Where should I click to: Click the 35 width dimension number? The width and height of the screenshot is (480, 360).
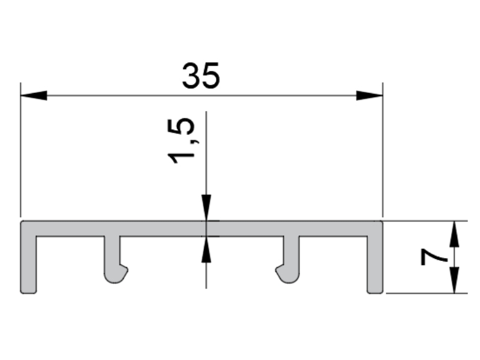pos(201,76)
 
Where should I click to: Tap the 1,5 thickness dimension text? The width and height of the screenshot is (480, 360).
pos(181,141)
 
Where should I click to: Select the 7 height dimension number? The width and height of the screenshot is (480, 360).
pos(434,257)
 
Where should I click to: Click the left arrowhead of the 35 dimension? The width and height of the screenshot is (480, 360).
pos(34,95)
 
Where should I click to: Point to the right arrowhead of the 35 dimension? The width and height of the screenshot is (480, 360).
pos(370,95)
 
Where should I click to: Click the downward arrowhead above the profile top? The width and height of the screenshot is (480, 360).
pos(206,207)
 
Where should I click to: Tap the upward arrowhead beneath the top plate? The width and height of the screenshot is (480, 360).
pos(206,250)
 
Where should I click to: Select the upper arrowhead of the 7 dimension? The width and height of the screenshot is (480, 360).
pos(455,233)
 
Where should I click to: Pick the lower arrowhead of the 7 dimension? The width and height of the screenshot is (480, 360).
pos(455,280)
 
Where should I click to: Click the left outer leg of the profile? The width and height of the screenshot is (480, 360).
pos(28,265)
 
